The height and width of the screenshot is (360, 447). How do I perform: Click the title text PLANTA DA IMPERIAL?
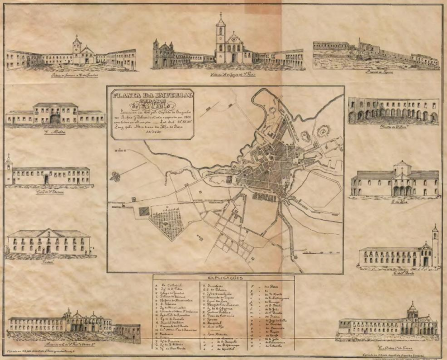click(x=146, y=96)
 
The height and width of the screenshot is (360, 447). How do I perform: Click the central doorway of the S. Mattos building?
click(x=55, y=119)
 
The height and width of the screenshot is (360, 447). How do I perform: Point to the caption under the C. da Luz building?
click(x=397, y=201)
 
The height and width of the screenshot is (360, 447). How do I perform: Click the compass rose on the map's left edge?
click(x=116, y=177)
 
